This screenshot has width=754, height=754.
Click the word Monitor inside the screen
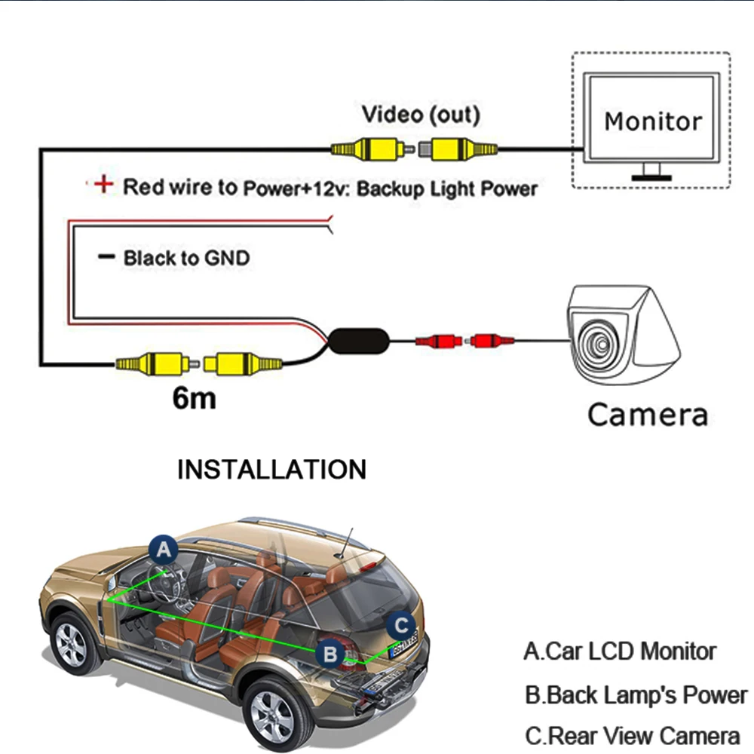tap(653, 121)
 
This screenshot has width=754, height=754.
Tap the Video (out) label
tap(421, 115)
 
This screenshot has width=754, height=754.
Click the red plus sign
tap(103, 184)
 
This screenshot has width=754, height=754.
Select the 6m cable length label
tap(194, 398)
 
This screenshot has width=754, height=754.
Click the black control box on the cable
tap(359, 341)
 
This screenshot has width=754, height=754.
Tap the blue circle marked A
tap(164, 549)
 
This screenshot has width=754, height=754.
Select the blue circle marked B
tap(330, 654)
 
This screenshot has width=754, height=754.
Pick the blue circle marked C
tap(402, 626)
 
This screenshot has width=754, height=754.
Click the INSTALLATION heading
tap(271, 469)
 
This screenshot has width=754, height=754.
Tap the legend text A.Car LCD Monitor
tap(620, 651)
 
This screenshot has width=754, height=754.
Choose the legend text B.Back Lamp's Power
tap(636, 695)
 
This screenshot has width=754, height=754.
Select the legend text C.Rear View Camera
tap(633, 736)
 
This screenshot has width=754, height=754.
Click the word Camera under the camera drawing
tap(648, 415)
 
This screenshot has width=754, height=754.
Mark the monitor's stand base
tap(651, 178)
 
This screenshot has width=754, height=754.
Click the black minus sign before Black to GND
tap(106, 256)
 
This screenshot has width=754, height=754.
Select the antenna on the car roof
tap(347, 542)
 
